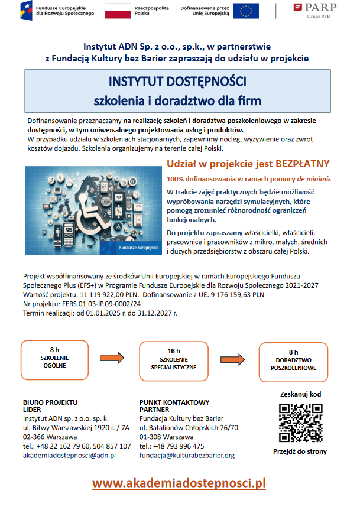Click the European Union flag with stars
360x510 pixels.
click(245, 11)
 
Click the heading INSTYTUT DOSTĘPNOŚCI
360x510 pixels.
click(177, 81)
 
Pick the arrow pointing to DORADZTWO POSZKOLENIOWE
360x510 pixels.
click(233, 358)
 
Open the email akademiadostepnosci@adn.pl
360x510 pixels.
click(69, 456)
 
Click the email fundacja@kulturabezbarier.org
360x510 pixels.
click(187, 456)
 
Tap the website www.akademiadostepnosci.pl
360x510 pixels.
click(179, 483)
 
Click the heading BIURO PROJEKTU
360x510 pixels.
click(50, 402)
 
